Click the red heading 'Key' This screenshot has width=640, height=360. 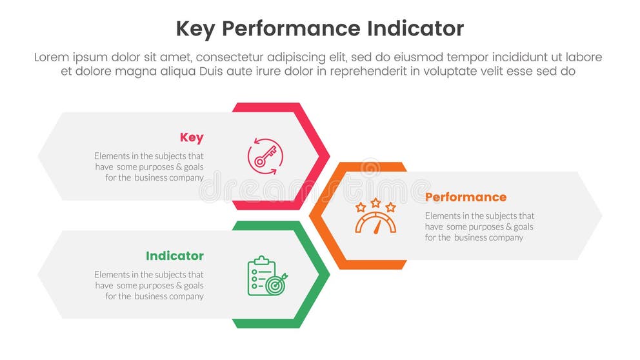(x=192, y=137)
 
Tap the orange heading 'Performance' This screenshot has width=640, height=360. (x=466, y=197)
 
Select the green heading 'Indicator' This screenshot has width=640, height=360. (x=175, y=256)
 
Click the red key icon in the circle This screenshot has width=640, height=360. (x=265, y=156)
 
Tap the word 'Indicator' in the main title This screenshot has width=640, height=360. (x=414, y=29)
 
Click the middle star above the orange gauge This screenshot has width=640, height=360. (x=375, y=203)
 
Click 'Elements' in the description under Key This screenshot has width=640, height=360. (x=112, y=155)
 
